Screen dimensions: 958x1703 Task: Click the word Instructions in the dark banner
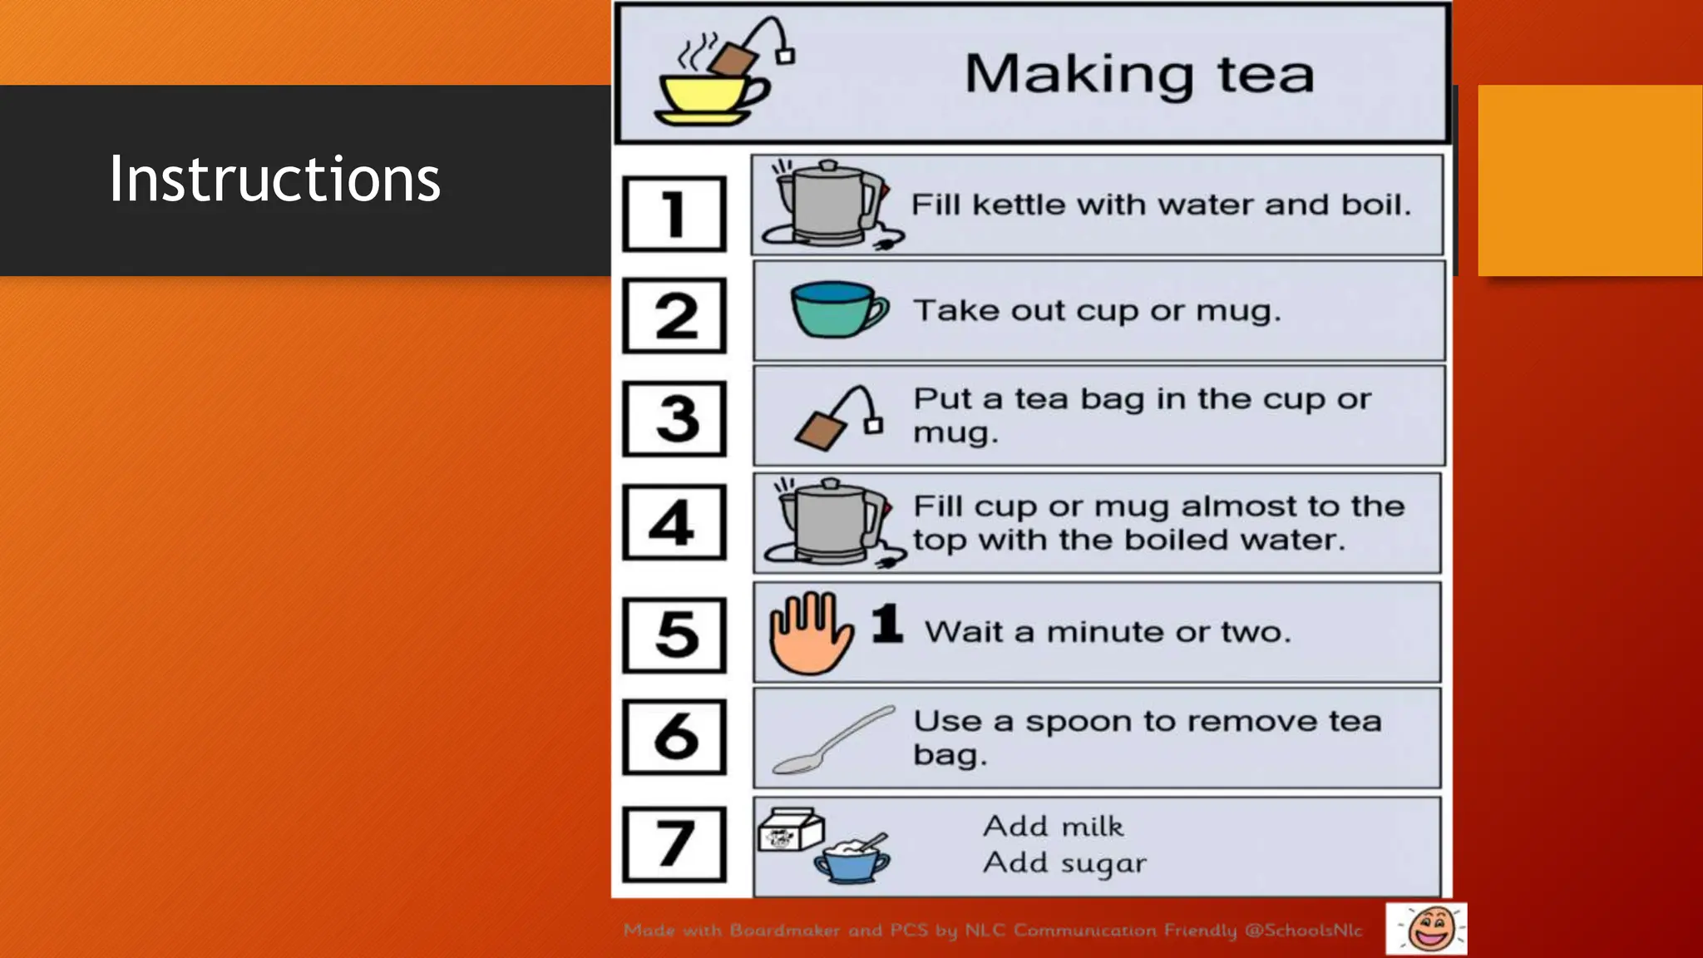pos(274,179)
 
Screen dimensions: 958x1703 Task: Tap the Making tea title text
pos(1139,74)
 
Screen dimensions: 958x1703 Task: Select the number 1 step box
pos(674,214)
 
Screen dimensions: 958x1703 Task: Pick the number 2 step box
pos(674,316)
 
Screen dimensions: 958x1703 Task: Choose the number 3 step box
pos(674,418)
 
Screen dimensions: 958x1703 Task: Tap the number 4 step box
pos(674,522)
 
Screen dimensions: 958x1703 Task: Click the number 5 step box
pos(674,635)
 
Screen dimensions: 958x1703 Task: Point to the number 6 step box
pos(674,737)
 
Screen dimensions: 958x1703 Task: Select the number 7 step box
pos(674,844)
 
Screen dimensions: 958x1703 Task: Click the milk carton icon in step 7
pos(789,829)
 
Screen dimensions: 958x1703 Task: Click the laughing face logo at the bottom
pos(1426,928)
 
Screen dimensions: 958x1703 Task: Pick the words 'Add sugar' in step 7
pos(1064,863)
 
